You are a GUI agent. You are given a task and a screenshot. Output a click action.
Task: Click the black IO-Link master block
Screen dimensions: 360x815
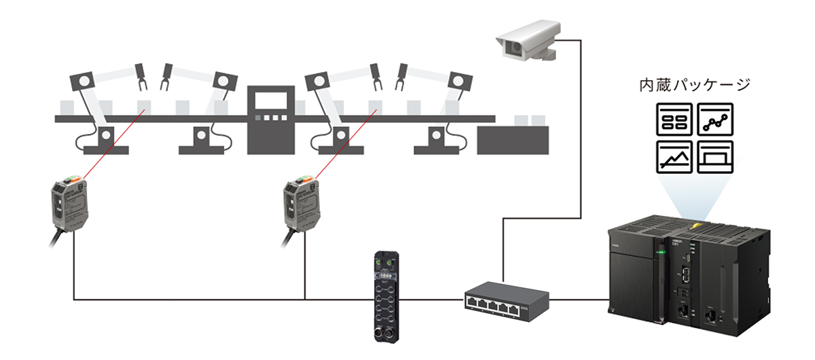(384, 291)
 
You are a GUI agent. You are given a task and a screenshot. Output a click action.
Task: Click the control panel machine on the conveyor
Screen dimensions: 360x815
(270, 120)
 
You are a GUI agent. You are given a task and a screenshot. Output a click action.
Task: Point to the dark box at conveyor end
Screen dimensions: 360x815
(513, 139)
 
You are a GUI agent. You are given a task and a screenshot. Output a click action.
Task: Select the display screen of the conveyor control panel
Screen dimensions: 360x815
(270, 103)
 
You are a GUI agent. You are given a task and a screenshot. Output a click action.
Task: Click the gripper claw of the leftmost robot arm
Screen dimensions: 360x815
(142, 76)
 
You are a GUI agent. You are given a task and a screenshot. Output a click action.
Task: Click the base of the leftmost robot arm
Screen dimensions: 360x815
(105, 140)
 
